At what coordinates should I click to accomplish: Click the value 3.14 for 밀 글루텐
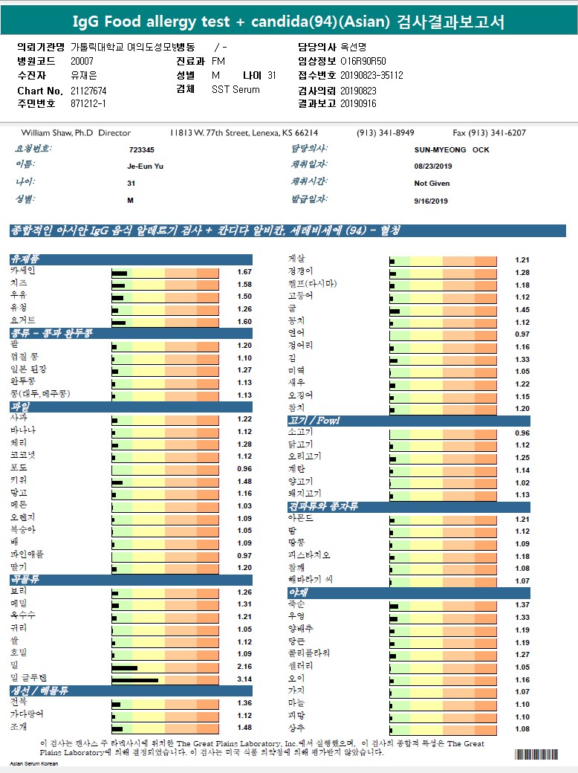(x=244, y=679)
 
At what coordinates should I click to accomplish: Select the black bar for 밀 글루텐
(x=135, y=680)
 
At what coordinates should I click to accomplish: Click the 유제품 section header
(x=25, y=259)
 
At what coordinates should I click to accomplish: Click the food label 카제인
(x=22, y=271)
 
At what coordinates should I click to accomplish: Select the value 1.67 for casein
(x=244, y=273)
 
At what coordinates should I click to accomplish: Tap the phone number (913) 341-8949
(x=386, y=133)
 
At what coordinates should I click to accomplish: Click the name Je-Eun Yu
(x=145, y=166)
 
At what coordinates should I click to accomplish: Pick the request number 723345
(x=141, y=149)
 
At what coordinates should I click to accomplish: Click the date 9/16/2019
(x=431, y=201)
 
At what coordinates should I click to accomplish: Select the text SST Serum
(x=236, y=89)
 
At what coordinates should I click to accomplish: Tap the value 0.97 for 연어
(x=522, y=334)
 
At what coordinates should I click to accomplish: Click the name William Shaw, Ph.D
(x=51, y=133)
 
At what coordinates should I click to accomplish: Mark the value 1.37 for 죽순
(x=522, y=605)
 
